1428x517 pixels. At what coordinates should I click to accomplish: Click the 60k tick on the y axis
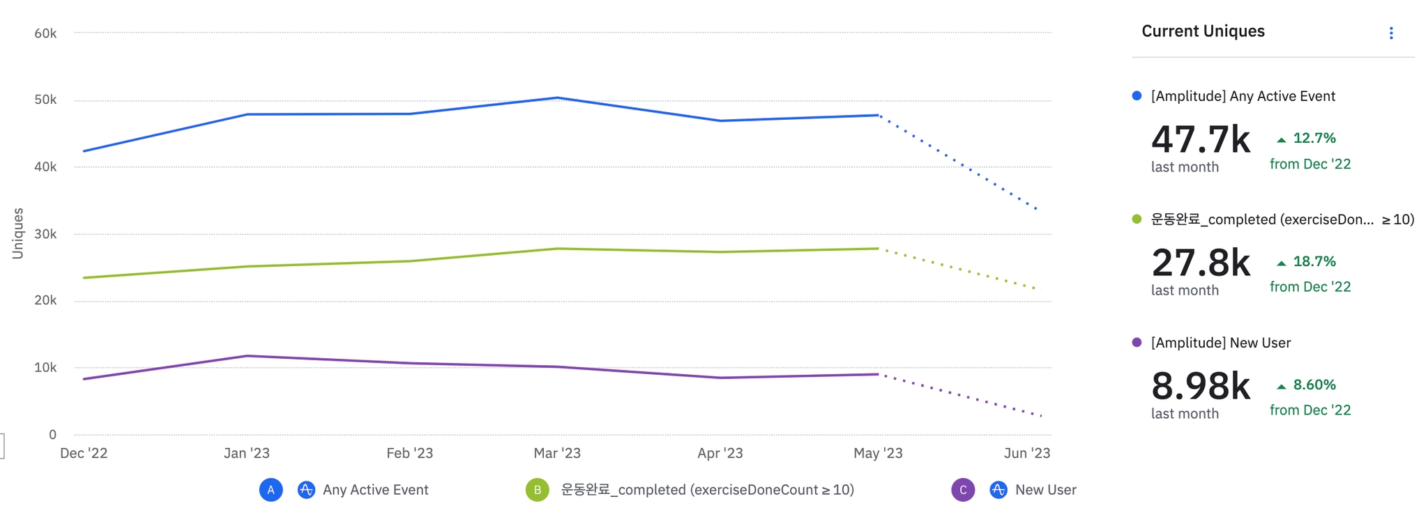coord(45,33)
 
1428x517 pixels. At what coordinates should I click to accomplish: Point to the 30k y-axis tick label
coord(45,234)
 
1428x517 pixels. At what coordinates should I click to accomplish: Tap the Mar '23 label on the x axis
coord(556,454)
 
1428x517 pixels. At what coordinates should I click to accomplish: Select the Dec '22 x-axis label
coord(84,454)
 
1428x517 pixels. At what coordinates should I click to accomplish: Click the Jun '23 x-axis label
coord(1026,454)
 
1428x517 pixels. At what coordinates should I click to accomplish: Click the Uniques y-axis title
coord(18,233)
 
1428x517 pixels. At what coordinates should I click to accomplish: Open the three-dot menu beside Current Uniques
coord(1390,33)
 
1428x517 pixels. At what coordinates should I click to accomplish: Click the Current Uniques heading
coord(1203,31)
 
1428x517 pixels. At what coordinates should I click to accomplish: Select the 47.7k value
coord(1200,139)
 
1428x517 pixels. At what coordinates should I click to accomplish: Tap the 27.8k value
coord(1200,263)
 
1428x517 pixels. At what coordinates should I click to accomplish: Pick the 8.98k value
coord(1200,386)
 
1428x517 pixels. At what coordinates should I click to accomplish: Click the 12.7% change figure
coord(1314,139)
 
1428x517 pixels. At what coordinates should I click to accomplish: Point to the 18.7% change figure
coord(1314,262)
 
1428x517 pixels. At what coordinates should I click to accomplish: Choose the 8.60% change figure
coord(1314,385)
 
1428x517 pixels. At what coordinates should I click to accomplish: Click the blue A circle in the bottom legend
coord(271,490)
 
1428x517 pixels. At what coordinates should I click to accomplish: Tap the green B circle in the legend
coord(537,490)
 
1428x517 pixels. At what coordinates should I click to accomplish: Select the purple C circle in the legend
coord(963,490)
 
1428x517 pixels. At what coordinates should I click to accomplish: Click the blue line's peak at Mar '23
coord(556,98)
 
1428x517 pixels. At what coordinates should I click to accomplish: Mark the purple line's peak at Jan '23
coord(248,356)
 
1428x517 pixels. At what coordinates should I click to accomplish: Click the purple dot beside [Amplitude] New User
coord(1137,342)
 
